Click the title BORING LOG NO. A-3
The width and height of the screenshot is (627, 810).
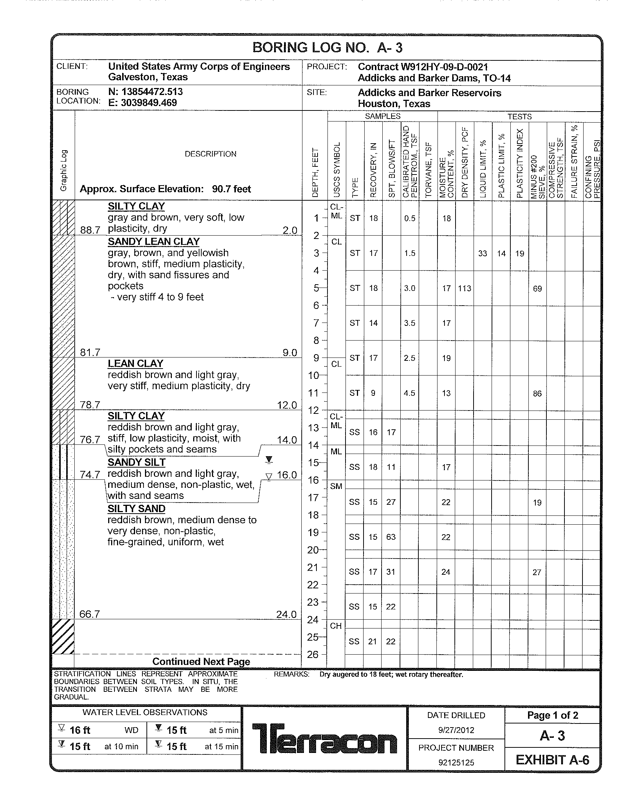tap(327, 48)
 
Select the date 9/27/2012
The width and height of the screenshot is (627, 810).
tap(456, 730)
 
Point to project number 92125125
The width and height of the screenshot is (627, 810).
tap(456, 763)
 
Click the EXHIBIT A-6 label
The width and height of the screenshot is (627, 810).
tap(552, 760)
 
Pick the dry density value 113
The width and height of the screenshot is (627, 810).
tap(464, 288)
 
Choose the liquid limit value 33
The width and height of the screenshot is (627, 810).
tap(482, 253)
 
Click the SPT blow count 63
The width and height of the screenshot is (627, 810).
tap(391, 537)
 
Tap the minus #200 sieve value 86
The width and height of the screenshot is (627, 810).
tap(537, 394)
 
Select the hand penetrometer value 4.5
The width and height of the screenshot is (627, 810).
tap(410, 393)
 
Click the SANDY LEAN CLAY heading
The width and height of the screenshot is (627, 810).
tap(153, 242)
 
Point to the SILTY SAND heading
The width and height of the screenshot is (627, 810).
tap(137, 508)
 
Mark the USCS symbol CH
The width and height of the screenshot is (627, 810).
tap(336, 626)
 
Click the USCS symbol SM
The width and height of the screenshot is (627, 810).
tap(336, 486)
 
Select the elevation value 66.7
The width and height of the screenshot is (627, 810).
tap(90, 614)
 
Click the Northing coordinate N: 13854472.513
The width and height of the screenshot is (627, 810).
tap(145, 92)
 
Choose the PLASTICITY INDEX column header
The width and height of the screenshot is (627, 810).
tap(520, 163)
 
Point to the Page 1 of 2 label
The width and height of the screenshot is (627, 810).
tap(552, 715)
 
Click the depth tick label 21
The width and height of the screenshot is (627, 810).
tap(313, 567)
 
